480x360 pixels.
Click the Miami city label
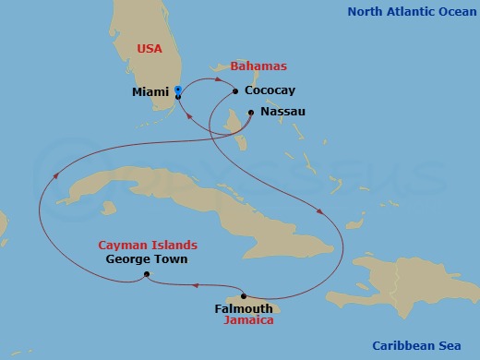(x=150, y=92)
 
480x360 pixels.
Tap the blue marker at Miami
(x=177, y=90)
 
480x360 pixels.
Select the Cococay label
(x=270, y=91)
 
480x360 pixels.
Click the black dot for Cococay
(x=236, y=91)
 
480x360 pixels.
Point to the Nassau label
(x=282, y=112)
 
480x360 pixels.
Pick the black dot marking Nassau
(x=251, y=112)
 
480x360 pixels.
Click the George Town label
(x=147, y=259)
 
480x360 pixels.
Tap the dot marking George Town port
(x=147, y=275)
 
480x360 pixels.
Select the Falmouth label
(x=243, y=308)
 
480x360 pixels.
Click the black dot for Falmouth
(x=244, y=296)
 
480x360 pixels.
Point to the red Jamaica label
(x=248, y=321)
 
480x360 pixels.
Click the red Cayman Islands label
(x=148, y=246)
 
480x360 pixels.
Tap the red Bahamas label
(x=258, y=66)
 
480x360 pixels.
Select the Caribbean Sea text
(x=422, y=345)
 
